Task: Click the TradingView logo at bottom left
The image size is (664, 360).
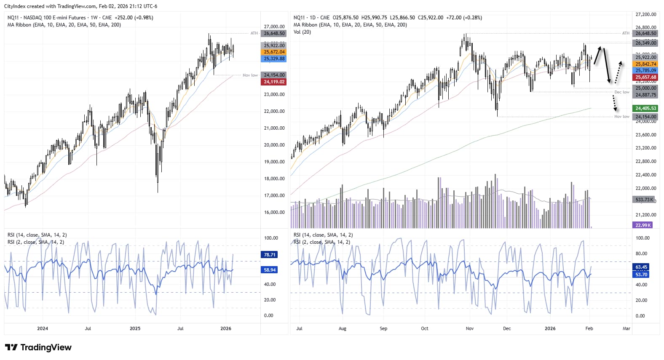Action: (x=38, y=347)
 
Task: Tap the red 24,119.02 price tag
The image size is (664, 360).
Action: (x=274, y=82)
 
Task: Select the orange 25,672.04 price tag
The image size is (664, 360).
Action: (x=274, y=52)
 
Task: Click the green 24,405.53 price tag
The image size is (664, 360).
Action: (x=645, y=109)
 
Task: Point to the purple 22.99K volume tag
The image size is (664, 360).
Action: (x=643, y=225)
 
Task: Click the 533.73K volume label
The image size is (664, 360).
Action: (x=645, y=200)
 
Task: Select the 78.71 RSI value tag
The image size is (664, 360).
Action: (x=270, y=255)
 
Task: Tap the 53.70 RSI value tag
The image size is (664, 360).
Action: (x=641, y=275)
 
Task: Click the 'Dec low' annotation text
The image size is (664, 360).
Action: (x=621, y=92)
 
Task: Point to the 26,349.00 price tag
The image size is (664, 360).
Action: (x=645, y=43)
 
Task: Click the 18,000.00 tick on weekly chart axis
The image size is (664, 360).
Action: (x=274, y=179)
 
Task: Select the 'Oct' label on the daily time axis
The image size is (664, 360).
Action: (x=424, y=328)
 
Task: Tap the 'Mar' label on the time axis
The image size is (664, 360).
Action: (x=626, y=328)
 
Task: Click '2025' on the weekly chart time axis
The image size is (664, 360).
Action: (x=135, y=328)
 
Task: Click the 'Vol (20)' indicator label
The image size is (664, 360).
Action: (x=302, y=32)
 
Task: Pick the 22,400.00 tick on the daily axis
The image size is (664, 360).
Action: (x=645, y=175)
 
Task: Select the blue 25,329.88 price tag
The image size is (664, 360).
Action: (x=274, y=59)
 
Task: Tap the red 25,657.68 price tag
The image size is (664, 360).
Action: (x=645, y=77)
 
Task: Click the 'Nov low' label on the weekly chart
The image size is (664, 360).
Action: (x=250, y=75)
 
